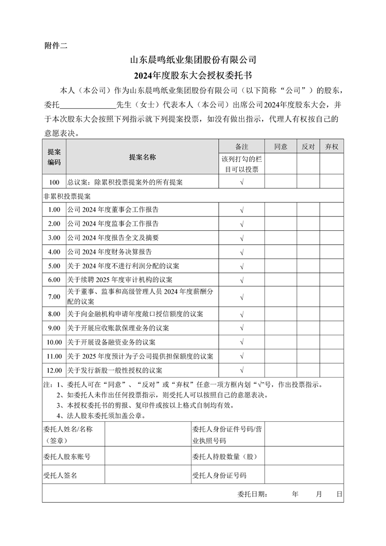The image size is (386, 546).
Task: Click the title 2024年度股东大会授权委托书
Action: coord(192,76)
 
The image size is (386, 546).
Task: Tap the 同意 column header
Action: coord(280,147)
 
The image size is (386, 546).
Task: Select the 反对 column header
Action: coord(308,147)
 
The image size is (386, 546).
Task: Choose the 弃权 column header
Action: coord(331,147)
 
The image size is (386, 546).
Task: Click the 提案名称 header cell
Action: coord(143,157)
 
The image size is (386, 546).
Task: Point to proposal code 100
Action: coord(54,182)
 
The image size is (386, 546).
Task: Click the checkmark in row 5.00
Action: coord(242,266)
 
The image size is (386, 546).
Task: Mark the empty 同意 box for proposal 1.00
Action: coord(280,210)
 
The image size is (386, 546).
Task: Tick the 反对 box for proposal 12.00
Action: coord(308,370)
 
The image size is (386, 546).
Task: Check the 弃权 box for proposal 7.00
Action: coord(331,297)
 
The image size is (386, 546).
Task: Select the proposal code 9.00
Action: coord(54,328)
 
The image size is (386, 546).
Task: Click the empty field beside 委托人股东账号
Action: coord(147,456)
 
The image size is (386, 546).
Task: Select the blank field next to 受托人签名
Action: coord(147,475)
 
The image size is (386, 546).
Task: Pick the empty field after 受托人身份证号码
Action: coord(304,475)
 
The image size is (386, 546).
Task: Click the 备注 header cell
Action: coord(242,147)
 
